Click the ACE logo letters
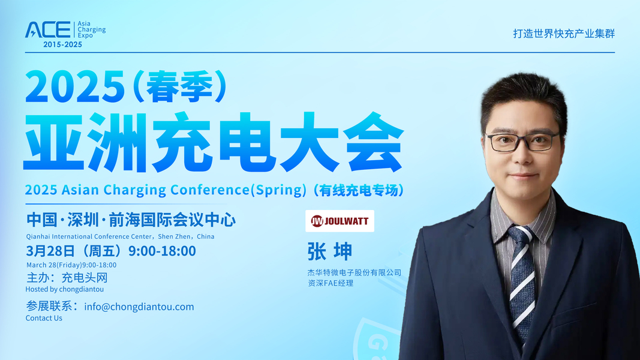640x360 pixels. click(48, 30)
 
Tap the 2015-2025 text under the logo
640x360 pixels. click(62, 44)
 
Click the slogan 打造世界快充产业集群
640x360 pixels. click(564, 34)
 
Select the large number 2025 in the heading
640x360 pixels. click(75, 86)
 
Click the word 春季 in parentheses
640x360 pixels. click(179, 86)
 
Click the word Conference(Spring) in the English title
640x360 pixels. click(238, 190)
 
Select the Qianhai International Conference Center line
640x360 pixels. click(120, 236)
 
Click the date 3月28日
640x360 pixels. click(50, 251)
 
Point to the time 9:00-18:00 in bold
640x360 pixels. click(162, 251)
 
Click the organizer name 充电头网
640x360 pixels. click(85, 278)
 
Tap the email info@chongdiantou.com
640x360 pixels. click(139, 307)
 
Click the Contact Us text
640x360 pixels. click(44, 318)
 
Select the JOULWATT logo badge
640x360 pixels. click(339, 221)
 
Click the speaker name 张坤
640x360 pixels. click(329, 251)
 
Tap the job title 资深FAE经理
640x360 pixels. click(330, 283)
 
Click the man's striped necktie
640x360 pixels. click(522, 281)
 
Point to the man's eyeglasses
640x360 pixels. click(522, 142)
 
